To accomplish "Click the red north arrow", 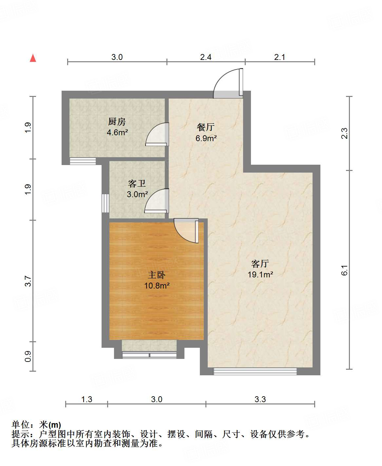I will click(x=33, y=58).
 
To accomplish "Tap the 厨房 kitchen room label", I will click(x=117, y=122).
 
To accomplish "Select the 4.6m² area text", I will click(x=117, y=133).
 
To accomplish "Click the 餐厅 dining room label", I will click(x=206, y=127).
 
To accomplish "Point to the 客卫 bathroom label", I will click(x=137, y=183).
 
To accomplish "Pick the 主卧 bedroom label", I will click(x=157, y=275).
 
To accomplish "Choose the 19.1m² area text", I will click(x=260, y=274).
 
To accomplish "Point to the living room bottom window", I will click(x=255, y=371).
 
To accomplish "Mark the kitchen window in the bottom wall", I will click(x=83, y=161).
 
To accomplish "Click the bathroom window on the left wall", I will click(x=105, y=203).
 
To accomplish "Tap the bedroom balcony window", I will click(x=149, y=355).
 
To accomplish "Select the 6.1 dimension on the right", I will click(x=344, y=270).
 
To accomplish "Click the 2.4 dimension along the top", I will click(x=206, y=57).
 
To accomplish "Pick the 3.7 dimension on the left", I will click(x=28, y=281).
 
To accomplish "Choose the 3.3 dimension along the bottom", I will click(x=260, y=399).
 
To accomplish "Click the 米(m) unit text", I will click(x=50, y=425).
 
